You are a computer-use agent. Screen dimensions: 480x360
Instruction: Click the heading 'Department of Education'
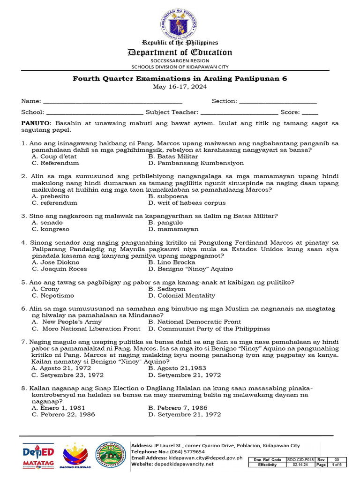click(x=180, y=52)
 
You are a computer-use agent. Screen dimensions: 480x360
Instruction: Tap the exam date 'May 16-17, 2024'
click(x=180, y=87)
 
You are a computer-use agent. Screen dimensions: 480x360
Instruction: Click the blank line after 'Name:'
click(x=112, y=102)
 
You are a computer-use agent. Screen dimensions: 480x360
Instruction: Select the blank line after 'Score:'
click(x=310, y=112)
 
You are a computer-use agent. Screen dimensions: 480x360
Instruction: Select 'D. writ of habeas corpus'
click(x=187, y=203)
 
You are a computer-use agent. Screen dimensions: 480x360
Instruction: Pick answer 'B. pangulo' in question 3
click(x=165, y=223)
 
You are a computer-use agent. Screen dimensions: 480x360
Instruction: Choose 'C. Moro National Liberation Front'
click(x=86, y=329)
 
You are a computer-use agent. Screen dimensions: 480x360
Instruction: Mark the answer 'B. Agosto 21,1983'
click(x=177, y=368)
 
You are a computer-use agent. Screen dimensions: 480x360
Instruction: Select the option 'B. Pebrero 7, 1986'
click(x=178, y=408)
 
